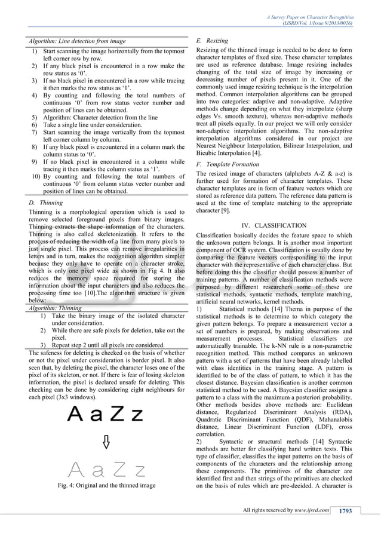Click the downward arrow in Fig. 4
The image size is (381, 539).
106,442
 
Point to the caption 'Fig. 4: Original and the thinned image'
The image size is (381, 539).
106,500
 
